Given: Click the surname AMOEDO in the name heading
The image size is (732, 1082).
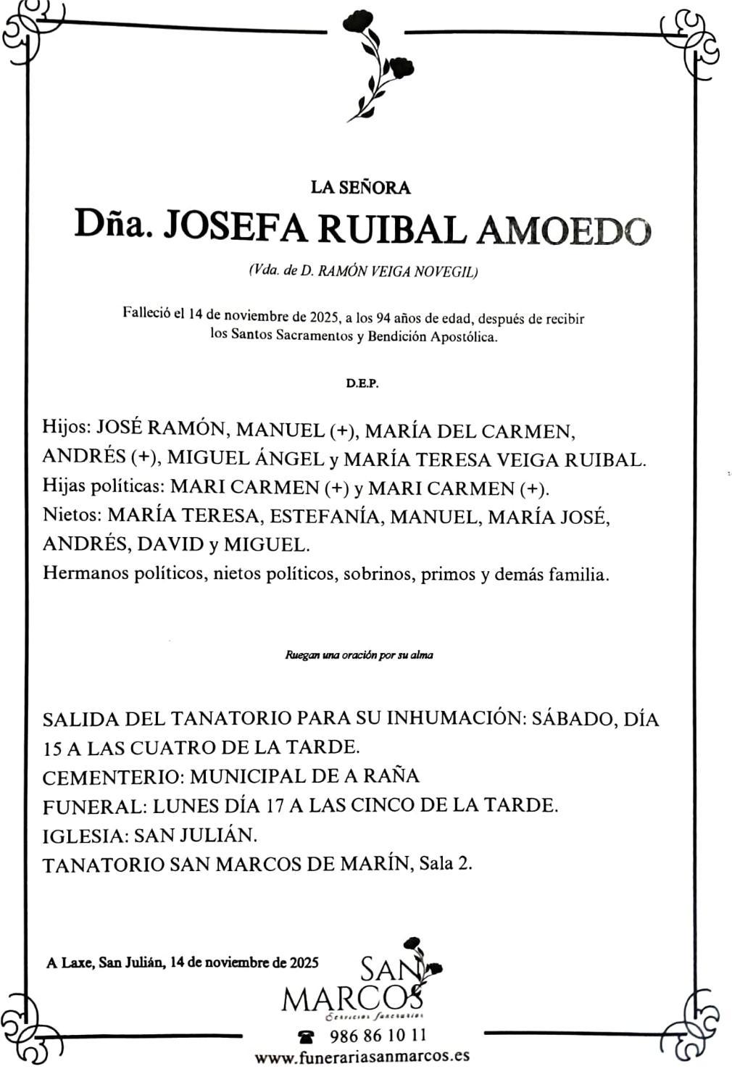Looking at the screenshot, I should [x=563, y=231].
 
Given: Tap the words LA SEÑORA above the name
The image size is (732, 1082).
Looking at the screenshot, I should [x=360, y=188].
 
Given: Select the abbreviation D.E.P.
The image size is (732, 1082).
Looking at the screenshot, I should [x=362, y=383].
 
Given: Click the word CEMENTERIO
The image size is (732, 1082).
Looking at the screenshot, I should [x=112, y=777].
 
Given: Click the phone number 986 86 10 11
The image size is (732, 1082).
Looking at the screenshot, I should [x=378, y=1035].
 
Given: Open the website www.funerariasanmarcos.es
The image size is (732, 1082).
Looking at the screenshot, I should [x=362, y=1056].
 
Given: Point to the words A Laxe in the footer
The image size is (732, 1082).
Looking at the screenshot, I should [x=67, y=963].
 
